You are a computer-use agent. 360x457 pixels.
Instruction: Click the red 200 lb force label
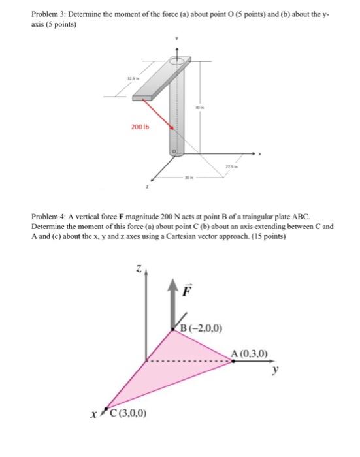(140, 127)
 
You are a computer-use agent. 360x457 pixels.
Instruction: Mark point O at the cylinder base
(174, 151)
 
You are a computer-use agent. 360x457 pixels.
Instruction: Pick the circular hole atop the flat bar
(176, 61)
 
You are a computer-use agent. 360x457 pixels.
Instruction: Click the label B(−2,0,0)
(203, 328)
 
